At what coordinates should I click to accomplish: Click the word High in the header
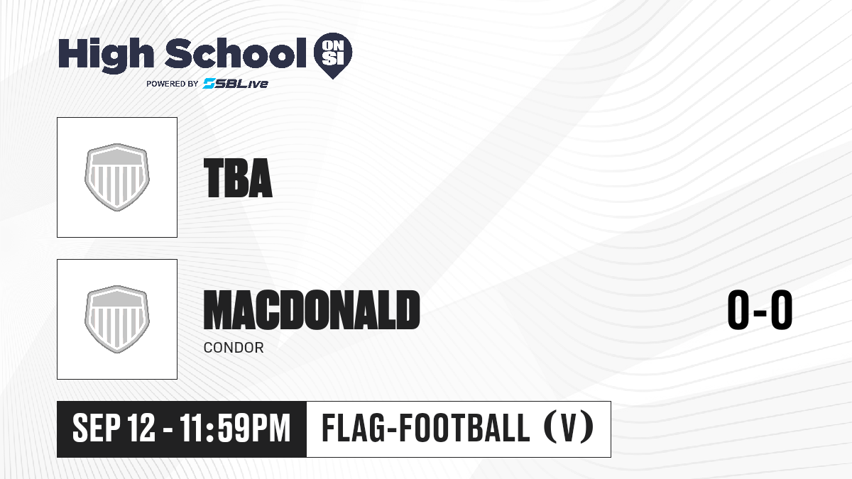106,55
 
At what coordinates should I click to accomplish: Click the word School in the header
236,53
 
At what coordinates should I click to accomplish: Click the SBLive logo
236,83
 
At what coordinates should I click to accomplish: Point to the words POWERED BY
173,84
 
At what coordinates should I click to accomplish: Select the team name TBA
238,178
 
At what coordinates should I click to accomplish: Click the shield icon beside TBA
117,177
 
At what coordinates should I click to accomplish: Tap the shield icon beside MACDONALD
117,319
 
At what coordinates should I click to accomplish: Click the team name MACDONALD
312,309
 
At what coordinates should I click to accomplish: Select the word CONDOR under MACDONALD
234,348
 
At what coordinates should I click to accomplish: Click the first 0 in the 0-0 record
738,309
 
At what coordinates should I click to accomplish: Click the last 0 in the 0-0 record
782,309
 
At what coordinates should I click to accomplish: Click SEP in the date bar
97,428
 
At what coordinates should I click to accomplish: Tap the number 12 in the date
141,428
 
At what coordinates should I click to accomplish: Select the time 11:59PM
236,428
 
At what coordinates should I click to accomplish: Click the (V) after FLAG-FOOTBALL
569,428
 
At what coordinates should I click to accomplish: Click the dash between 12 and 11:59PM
168,430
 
